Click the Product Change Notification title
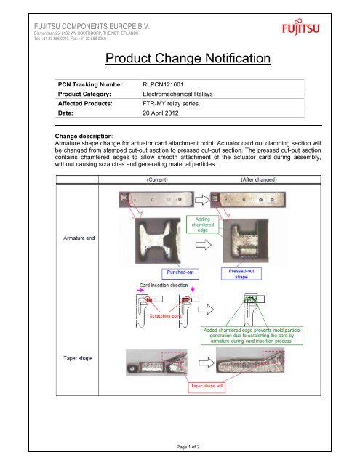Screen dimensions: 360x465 (x=188, y=58)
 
